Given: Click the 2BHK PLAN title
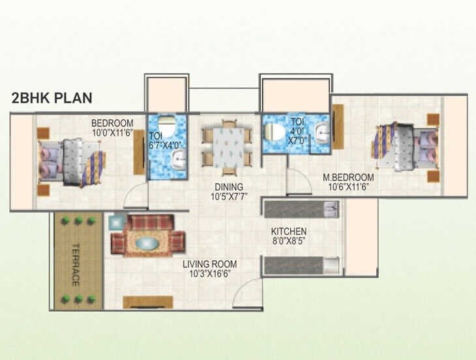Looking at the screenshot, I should pos(52,98).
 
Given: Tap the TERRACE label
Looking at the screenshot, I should pos(76,265).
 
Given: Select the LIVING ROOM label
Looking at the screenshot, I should pos(209,264).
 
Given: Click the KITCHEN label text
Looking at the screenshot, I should pos(289,232).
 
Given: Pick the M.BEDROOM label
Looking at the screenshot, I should pos(348,177).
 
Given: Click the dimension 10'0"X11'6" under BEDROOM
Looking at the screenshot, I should pos(112,133).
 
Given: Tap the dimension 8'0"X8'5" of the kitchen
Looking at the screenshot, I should pos(289,241).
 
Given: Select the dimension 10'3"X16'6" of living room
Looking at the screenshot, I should pos(209,274).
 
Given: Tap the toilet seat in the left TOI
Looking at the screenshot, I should pos(166,126).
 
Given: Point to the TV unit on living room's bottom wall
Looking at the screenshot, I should pos(148,302).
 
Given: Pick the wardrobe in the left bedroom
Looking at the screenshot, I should pos(138,152).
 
